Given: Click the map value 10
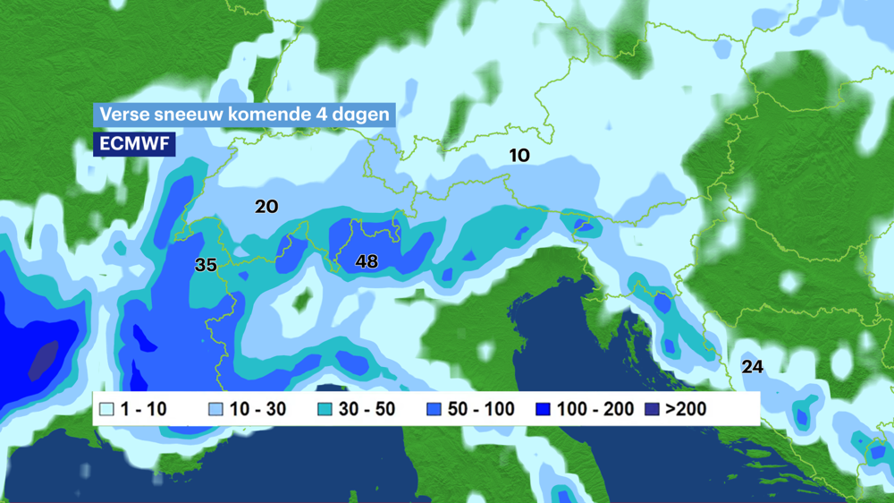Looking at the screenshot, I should tap(519, 155).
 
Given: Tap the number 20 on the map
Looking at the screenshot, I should tap(266, 207).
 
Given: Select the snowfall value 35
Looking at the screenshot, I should tap(206, 265).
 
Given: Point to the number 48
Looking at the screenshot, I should tap(366, 261).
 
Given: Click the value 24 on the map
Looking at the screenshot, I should tap(752, 367).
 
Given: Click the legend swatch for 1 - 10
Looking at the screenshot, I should tap(106, 410).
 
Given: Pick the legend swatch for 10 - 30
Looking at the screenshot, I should tap(215, 410).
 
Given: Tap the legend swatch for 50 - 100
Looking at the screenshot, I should tap(434, 410).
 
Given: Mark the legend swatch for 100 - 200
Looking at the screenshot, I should tap(543, 410).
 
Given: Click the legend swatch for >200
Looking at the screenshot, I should tap(652, 410).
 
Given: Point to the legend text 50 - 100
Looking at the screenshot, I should tap(481, 410).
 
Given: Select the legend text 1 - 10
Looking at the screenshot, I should tap(144, 410).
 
